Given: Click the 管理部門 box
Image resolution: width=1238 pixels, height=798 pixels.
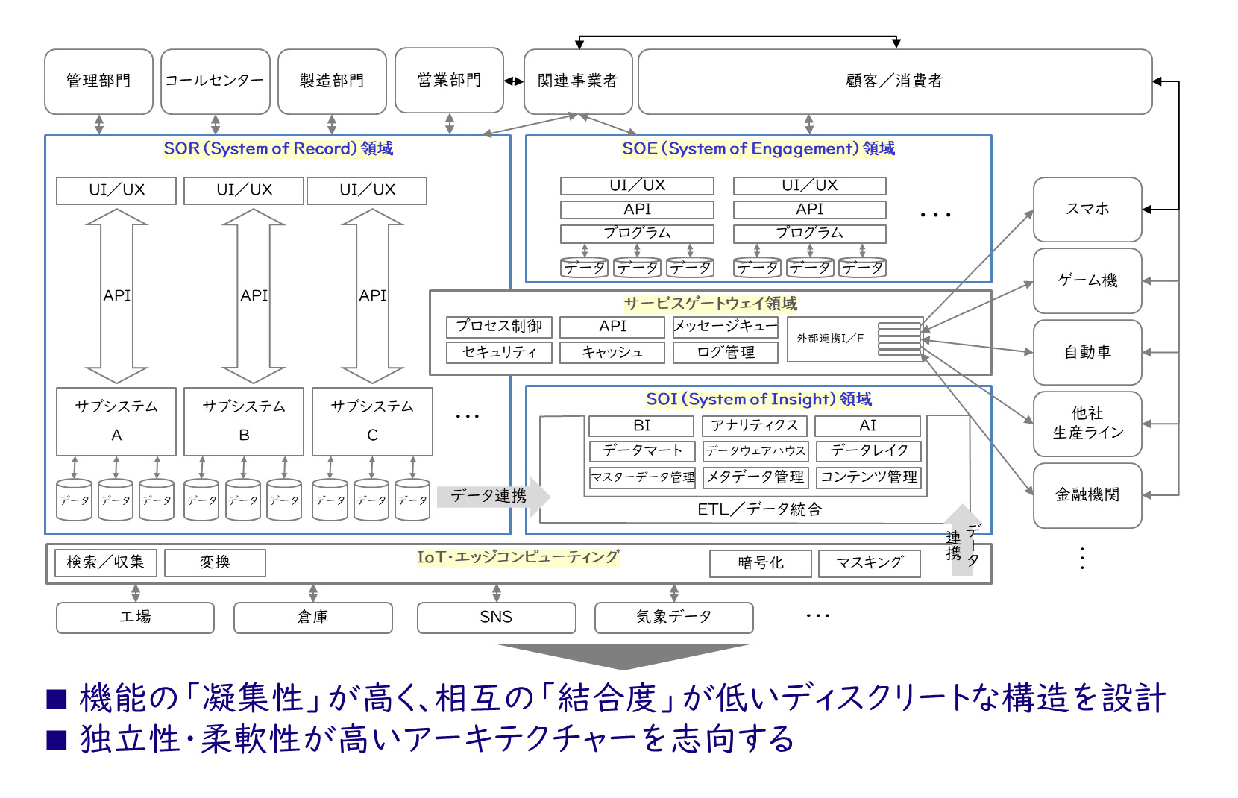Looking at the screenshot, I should click(x=98, y=81).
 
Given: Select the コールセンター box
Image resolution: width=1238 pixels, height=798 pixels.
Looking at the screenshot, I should click(x=215, y=81).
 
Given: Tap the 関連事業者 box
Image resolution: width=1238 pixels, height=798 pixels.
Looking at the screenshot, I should click(x=578, y=81).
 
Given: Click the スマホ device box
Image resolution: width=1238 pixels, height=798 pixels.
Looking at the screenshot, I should click(x=1087, y=210).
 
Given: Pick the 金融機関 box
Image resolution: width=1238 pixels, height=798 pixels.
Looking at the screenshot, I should click(x=1087, y=495).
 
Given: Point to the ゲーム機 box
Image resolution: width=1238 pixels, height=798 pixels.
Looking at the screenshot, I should click(x=1087, y=281).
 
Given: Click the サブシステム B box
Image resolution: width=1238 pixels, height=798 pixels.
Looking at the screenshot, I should click(x=244, y=421).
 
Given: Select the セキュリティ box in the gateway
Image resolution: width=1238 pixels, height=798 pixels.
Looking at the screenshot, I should click(x=499, y=352).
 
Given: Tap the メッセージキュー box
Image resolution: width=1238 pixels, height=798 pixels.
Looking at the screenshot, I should click(x=726, y=327).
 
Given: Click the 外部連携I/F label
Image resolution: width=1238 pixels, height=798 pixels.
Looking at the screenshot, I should click(x=830, y=339).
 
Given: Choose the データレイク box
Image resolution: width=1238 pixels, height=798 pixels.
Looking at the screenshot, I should click(x=869, y=451).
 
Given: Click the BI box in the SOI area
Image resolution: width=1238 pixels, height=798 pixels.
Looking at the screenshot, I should click(x=641, y=426).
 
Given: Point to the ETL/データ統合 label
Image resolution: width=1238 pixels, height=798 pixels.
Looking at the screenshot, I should click(x=759, y=509).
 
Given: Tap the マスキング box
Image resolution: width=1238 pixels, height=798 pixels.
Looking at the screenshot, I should click(x=870, y=563).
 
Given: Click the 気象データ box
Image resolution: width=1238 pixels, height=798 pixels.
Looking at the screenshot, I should click(x=673, y=618).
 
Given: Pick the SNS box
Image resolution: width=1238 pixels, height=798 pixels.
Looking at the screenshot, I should click(x=496, y=618).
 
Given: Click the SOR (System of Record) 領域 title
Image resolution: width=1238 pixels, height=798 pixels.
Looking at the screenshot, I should click(x=278, y=148).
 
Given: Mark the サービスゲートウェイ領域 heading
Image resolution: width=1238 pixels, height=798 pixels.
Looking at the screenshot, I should click(x=711, y=304).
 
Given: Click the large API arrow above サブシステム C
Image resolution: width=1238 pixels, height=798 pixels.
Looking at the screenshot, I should click(x=372, y=296).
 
